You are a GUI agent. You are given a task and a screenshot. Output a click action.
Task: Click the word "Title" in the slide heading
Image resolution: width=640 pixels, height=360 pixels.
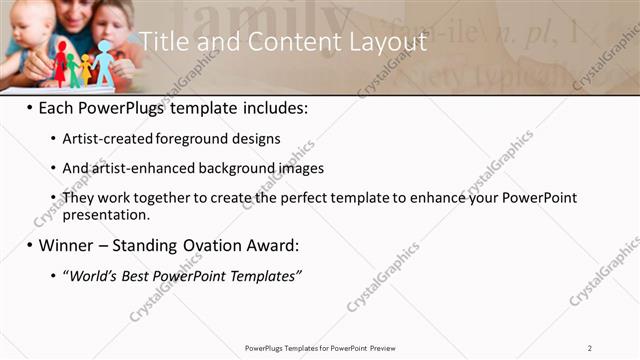[163, 42]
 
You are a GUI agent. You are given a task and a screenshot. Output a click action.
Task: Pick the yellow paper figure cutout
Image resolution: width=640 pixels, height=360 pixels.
[85, 68]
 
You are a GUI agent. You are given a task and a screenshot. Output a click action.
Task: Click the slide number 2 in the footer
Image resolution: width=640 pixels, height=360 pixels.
[590, 347]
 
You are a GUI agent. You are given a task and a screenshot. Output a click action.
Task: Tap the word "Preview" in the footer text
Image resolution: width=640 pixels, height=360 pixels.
[389, 347]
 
